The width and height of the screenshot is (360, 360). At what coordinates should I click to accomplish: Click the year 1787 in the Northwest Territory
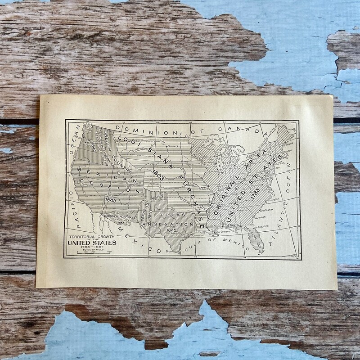pyautogui.click(x=222, y=172)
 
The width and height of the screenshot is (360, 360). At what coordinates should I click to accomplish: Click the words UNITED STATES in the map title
pyautogui.click(x=92, y=243)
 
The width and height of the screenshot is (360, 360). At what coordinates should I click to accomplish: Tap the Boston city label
pyautogui.click(x=288, y=151)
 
